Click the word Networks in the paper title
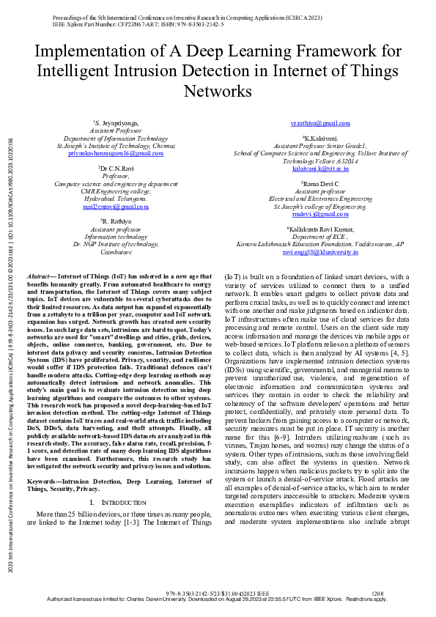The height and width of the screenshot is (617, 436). [x=218, y=92]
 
